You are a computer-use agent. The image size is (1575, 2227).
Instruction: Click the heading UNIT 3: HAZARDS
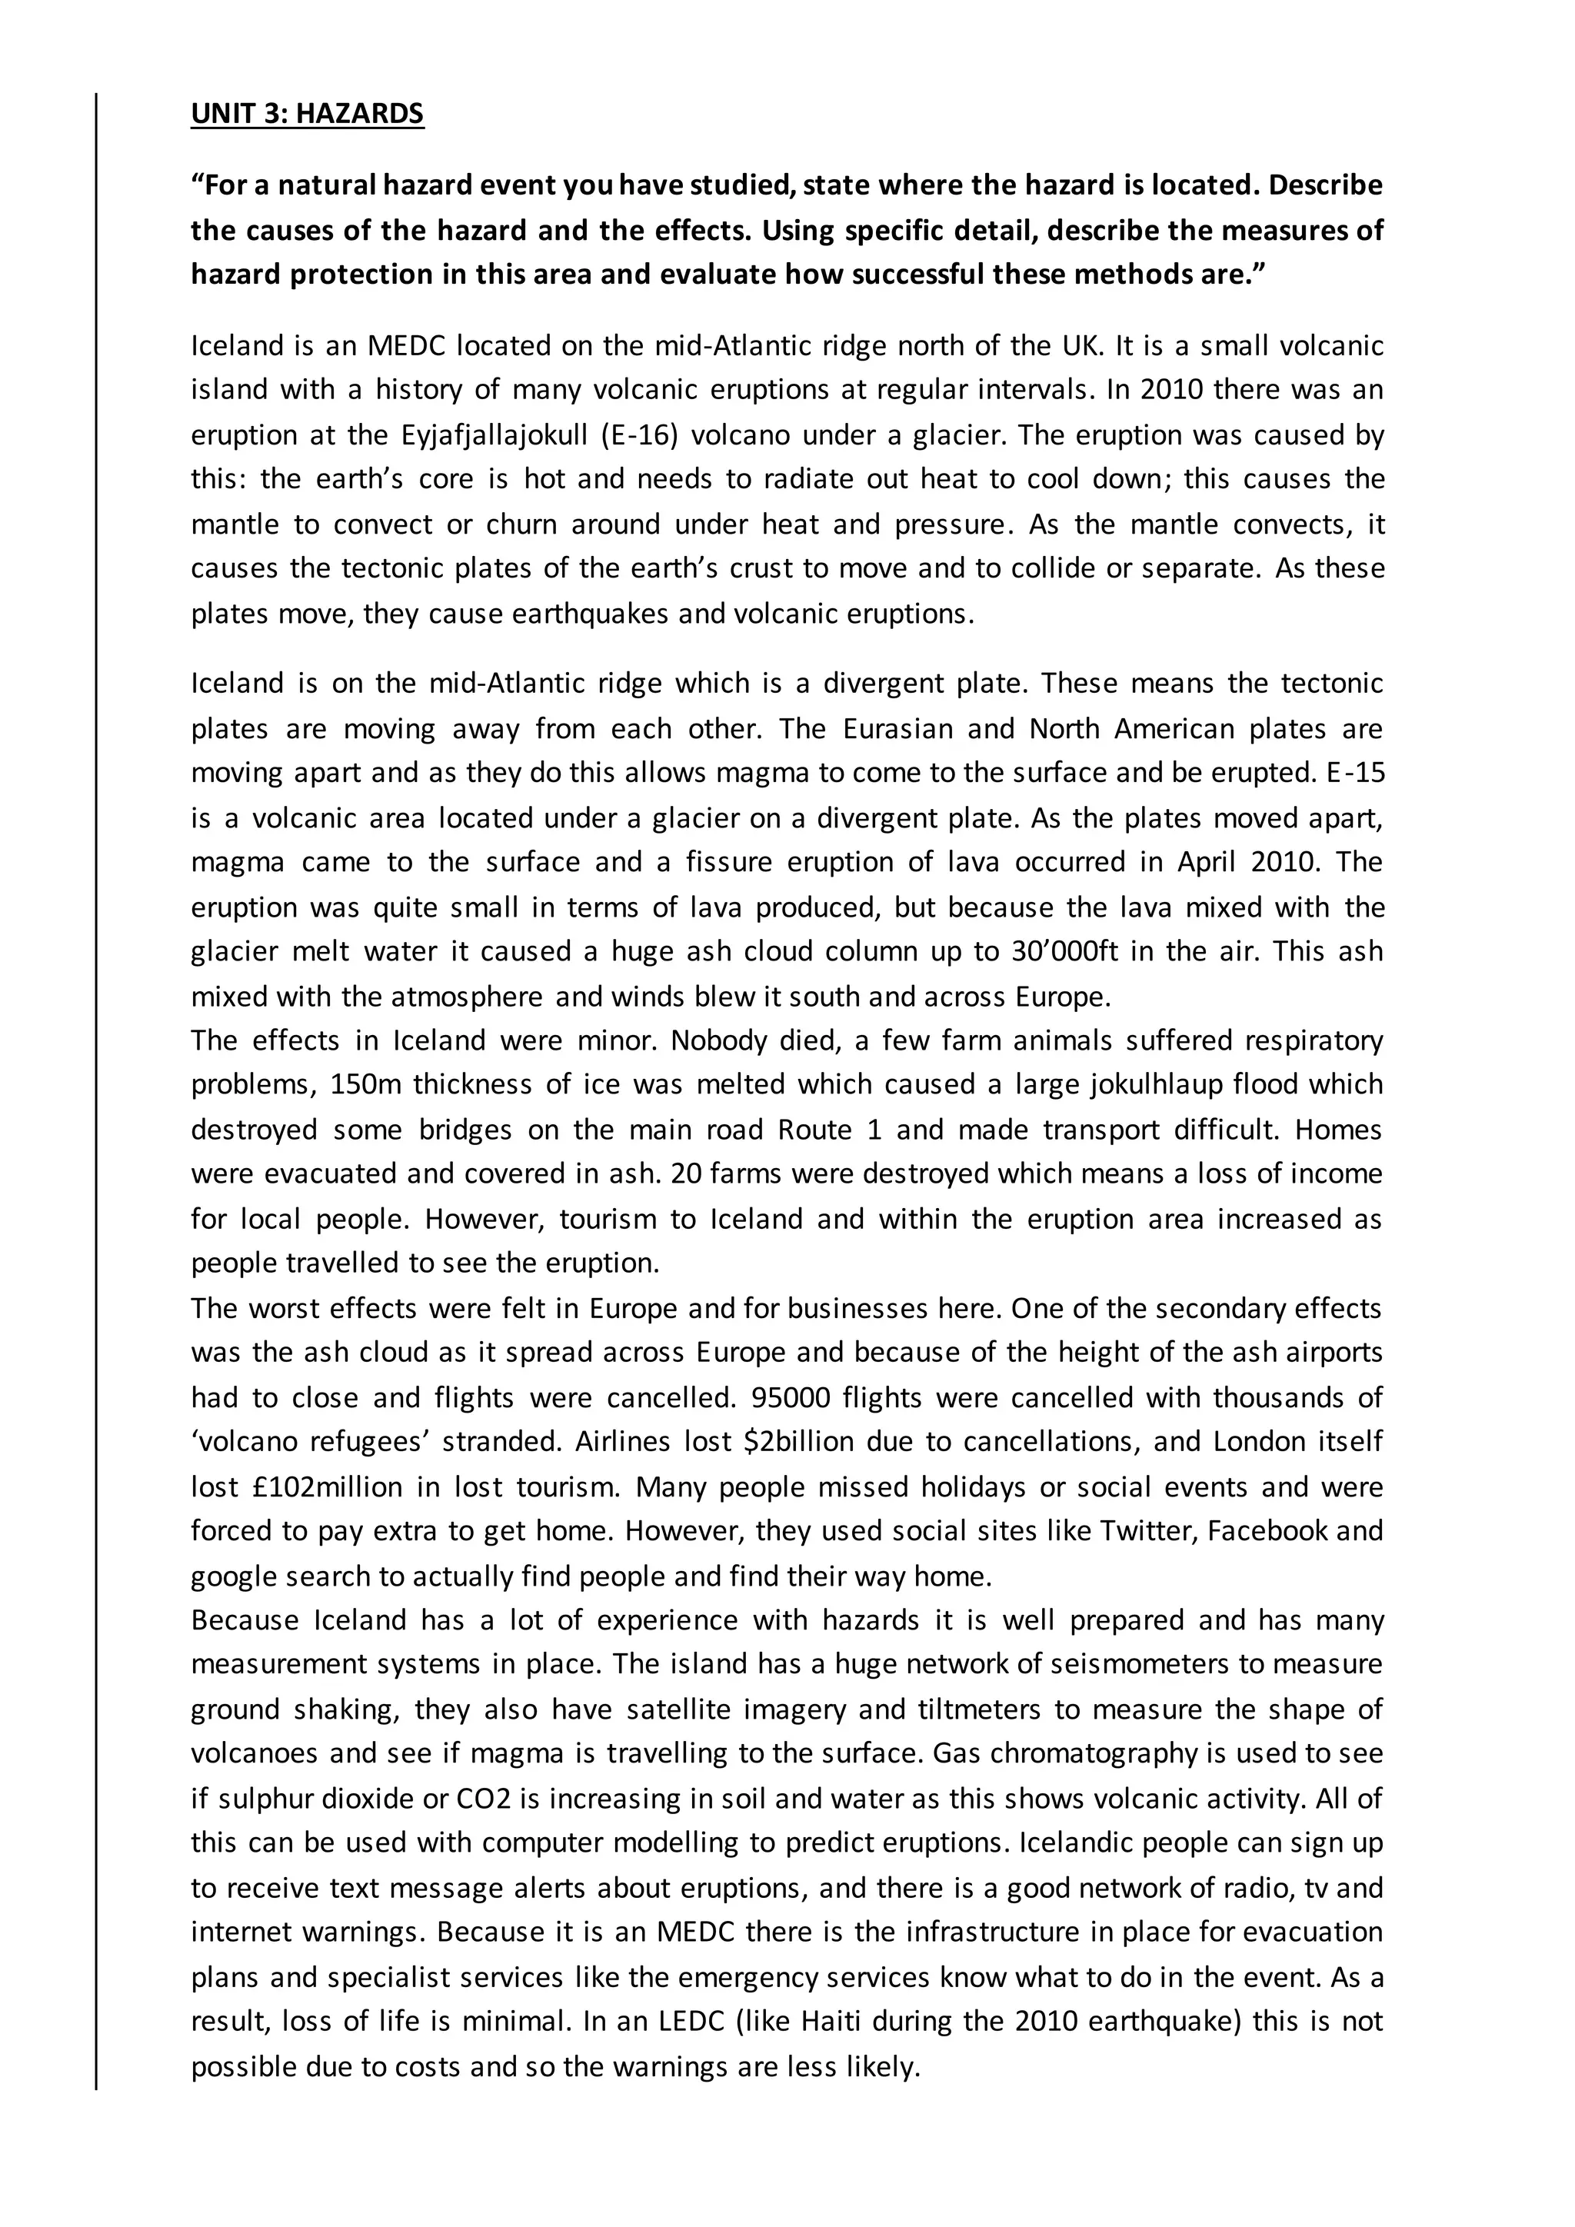pyautogui.click(x=307, y=114)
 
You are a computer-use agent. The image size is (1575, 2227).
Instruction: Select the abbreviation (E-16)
pyautogui.click(x=638, y=434)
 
